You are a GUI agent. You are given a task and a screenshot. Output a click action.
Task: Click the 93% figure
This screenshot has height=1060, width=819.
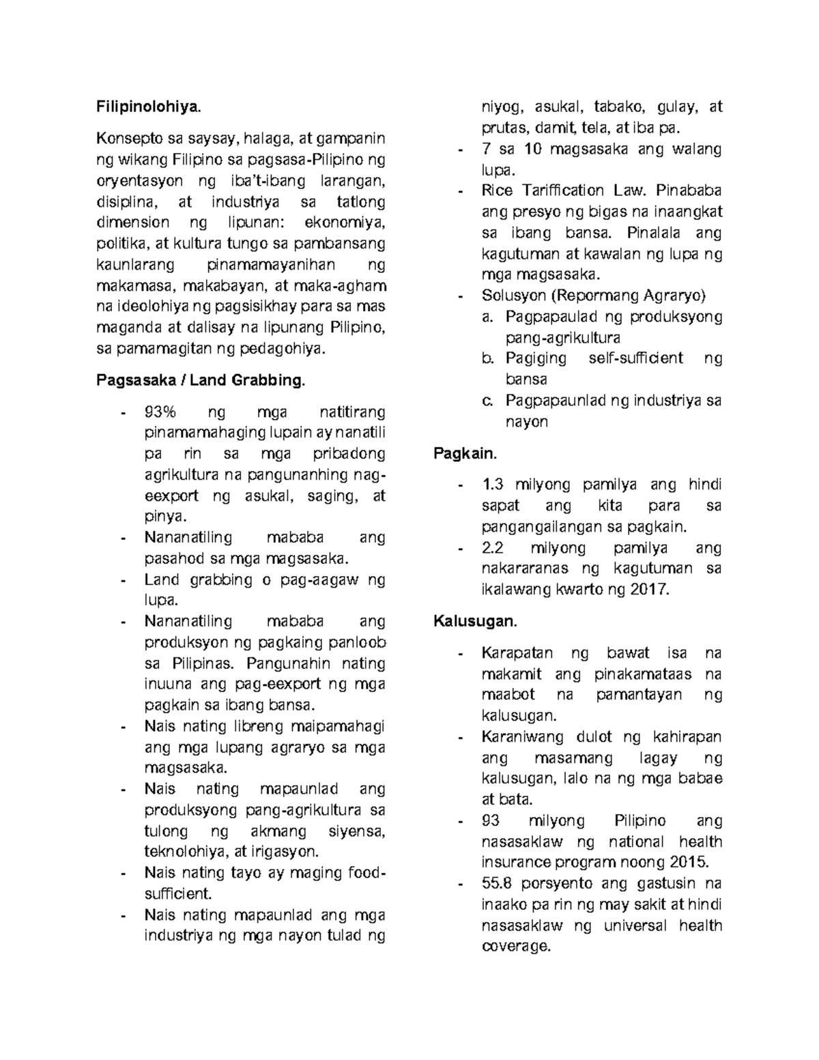tap(160, 412)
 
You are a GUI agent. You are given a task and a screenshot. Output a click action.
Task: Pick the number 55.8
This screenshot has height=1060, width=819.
tap(498, 883)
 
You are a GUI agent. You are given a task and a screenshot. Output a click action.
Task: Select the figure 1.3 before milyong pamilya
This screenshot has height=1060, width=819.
tap(492, 485)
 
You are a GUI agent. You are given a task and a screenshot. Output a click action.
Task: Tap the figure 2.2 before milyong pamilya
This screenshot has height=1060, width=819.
tap(492, 547)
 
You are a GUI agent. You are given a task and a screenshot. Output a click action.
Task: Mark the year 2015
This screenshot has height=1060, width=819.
tap(689, 862)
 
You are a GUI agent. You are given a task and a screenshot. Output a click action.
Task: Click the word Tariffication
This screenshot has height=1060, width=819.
tap(566, 190)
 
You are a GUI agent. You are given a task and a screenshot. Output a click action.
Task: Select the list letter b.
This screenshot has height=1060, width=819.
tap(486, 358)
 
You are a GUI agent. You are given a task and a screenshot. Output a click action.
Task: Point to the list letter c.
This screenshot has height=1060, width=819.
tap(486, 401)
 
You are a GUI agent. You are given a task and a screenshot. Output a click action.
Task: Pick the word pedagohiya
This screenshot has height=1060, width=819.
tap(284, 349)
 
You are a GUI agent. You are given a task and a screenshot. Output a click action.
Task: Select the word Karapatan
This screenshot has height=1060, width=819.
tap(517, 653)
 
